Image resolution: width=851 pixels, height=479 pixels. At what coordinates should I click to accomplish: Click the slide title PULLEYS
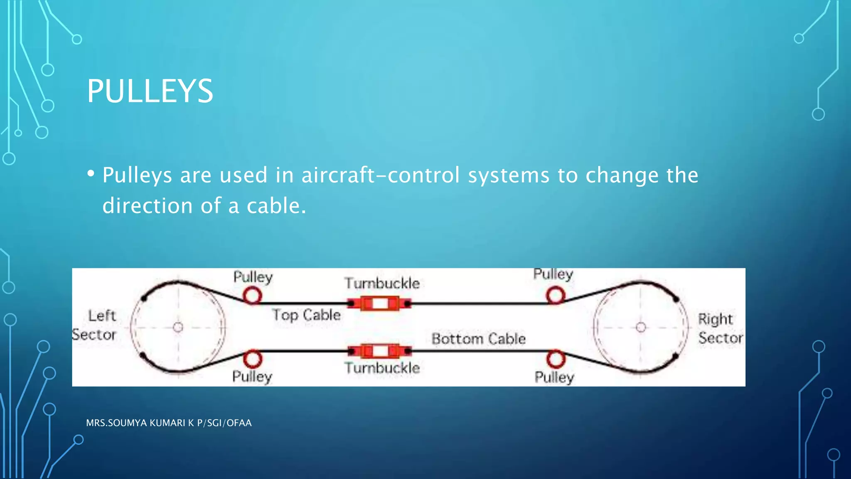click(150, 91)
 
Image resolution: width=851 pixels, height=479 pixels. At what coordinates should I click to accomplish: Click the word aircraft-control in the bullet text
click(380, 175)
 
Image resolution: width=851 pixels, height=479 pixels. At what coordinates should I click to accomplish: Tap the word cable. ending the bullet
click(276, 206)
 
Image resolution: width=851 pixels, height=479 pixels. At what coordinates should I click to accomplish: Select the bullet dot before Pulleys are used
click(91, 174)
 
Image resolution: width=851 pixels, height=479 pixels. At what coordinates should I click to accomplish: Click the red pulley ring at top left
click(252, 296)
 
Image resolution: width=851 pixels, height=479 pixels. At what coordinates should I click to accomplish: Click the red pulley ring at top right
click(556, 296)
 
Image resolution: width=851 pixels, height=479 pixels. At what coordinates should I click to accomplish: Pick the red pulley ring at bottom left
click(252, 359)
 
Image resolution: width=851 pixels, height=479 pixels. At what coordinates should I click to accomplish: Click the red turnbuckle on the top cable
click(380, 304)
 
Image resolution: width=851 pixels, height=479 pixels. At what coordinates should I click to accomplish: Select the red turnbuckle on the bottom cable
click(380, 351)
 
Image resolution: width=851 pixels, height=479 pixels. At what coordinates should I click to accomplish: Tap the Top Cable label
click(306, 315)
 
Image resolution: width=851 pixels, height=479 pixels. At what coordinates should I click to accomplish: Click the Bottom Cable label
click(478, 338)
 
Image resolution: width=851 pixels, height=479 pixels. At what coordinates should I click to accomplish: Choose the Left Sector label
click(96, 325)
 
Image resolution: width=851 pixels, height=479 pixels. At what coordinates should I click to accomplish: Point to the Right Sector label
click(720, 328)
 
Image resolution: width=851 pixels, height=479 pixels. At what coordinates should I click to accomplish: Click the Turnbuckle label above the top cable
click(382, 283)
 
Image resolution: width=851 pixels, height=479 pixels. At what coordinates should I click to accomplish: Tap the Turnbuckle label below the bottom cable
click(382, 368)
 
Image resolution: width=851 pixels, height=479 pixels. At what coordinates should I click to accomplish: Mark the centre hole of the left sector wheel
click(178, 327)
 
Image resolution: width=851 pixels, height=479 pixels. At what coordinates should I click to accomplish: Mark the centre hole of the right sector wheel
click(641, 327)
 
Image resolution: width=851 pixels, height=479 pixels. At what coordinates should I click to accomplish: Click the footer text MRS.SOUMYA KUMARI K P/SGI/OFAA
click(169, 423)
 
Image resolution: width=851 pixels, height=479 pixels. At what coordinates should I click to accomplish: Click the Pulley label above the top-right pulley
click(553, 274)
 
